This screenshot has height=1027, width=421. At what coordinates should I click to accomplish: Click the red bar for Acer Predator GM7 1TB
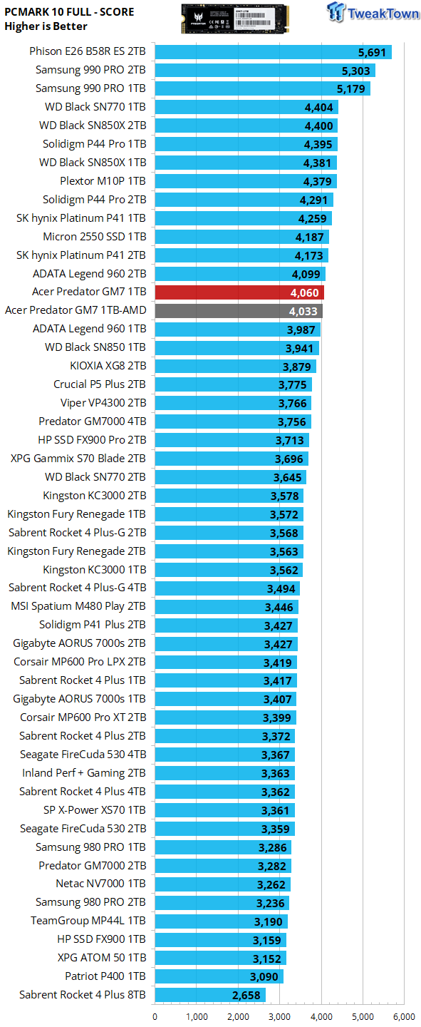[239, 292]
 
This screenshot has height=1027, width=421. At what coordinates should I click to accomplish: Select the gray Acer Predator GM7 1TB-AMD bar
[239, 311]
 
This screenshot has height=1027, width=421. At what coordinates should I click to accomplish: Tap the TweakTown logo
[373, 12]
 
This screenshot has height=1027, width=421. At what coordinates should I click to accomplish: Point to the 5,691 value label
[372, 53]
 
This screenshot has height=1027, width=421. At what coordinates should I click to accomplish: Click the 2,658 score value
[246, 996]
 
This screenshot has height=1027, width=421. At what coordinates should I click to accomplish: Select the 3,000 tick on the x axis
[279, 1017]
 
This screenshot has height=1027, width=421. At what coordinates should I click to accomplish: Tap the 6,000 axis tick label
[404, 1017]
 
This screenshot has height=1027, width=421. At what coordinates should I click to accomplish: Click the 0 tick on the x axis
[155, 1017]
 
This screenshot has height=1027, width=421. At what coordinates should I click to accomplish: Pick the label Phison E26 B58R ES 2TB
[88, 51]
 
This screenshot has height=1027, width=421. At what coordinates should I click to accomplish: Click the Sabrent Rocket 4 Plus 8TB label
[83, 995]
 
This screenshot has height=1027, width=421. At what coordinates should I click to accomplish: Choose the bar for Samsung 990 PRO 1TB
[262, 88]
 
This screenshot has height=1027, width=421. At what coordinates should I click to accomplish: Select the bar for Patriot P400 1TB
[219, 976]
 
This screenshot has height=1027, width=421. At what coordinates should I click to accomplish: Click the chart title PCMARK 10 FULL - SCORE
[69, 12]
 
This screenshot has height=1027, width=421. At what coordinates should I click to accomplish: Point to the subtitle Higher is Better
[46, 26]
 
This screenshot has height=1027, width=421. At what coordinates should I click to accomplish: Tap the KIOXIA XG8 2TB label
[108, 366]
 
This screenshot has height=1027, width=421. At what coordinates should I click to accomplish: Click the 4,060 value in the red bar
[304, 293]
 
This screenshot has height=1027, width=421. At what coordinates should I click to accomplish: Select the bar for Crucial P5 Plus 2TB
[233, 384]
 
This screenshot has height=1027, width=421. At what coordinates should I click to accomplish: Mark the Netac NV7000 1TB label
[100, 884]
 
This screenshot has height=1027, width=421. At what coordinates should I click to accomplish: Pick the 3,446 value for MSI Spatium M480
[279, 608]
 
